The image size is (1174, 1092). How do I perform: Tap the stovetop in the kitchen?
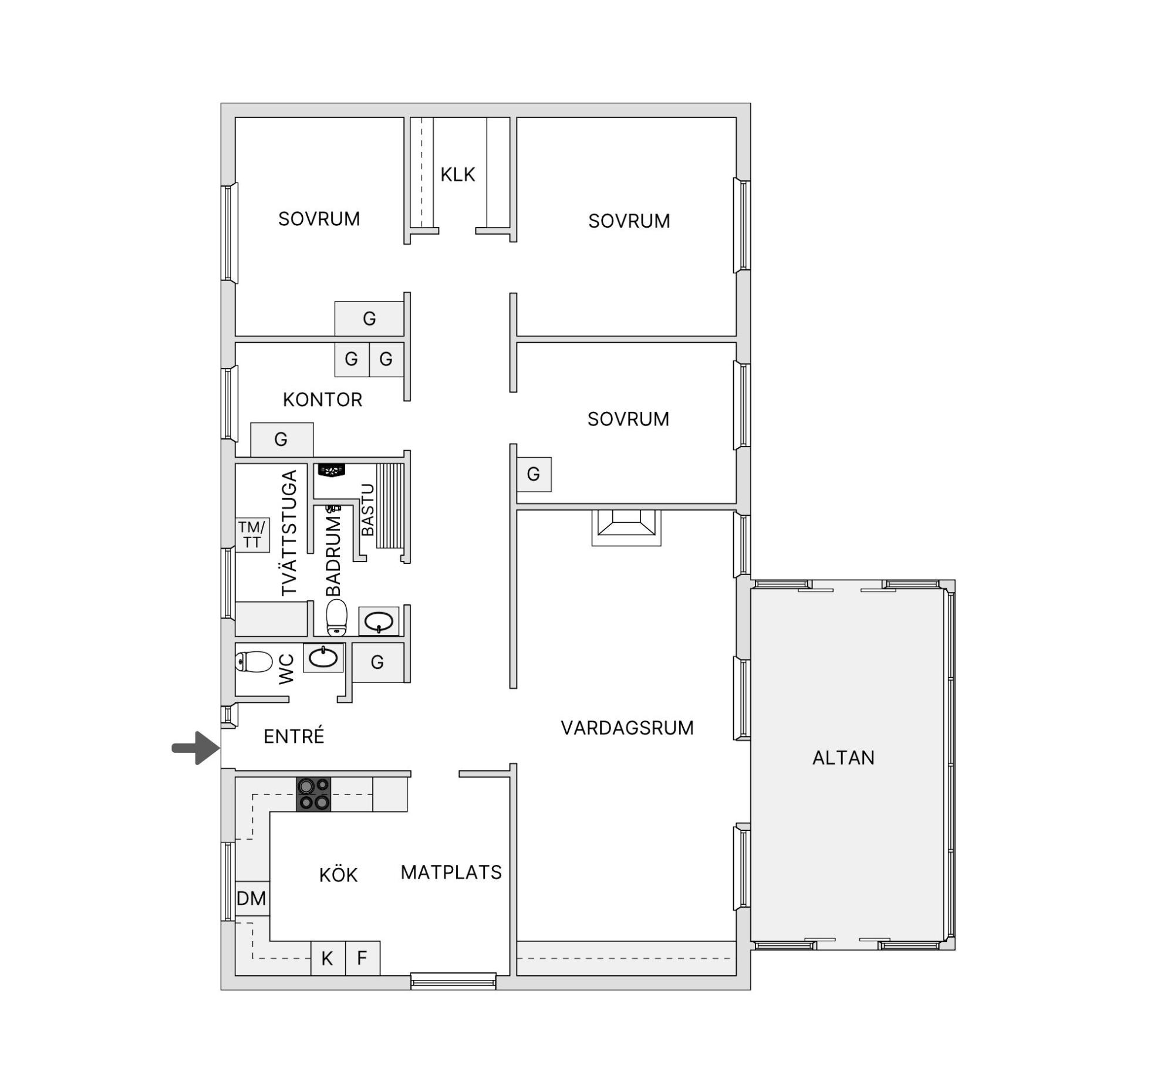pos(313,794)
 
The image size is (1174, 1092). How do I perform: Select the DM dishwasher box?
pos(252,898)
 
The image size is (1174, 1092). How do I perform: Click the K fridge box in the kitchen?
pos(328,959)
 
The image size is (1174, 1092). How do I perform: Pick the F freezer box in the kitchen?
pos(363,959)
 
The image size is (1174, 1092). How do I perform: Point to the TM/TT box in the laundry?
pos(252,535)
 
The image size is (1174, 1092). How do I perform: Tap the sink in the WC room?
pos(323,658)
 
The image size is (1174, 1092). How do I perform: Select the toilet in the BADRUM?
pos(336,617)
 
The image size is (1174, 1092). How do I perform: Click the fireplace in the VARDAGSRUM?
pos(626,528)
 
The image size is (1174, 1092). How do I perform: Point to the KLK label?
pos(458,175)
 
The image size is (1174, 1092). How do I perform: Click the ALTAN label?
pos(844,758)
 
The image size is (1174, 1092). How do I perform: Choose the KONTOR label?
pos(322,400)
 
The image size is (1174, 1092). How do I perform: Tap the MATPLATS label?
pos(451,872)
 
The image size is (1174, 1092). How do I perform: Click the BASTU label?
pos(367,509)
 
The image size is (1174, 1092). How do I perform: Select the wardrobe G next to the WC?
pos(378,662)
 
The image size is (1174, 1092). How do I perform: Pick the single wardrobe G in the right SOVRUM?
pos(534,474)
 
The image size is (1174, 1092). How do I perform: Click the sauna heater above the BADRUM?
pos(331,470)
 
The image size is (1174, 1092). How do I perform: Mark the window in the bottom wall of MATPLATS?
pos(453,982)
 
